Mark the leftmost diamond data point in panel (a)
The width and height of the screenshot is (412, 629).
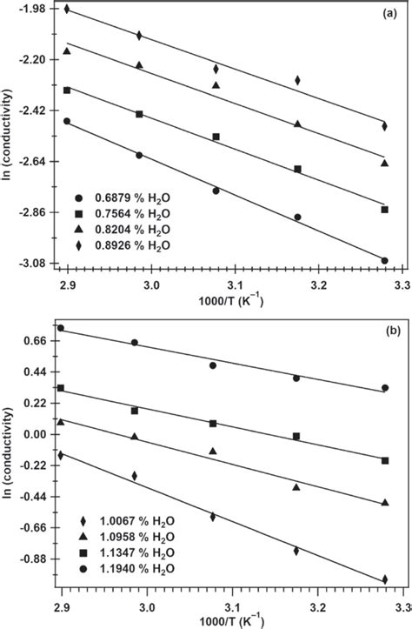pyautogui.click(x=67, y=9)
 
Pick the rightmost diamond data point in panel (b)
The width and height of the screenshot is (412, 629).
pyautogui.click(x=384, y=579)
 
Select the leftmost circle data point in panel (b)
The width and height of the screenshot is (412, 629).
pyautogui.click(x=61, y=328)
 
